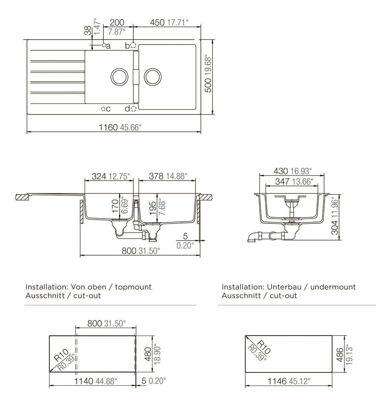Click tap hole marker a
pyautogui.click(x=104, y=45)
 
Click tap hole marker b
pyautogui.click(x=133, y=45)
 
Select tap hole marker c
pyautogui.click(x=103, y=109)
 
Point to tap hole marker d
pyautogui.click(x=133, y=108)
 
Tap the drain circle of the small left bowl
pyautogui.click(x=119, y=76)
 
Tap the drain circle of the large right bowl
pyautogui.click(x=153, y=76)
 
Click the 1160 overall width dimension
pyautogui.click(x=108, y=127)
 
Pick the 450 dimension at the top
pyautogui.click(x=157, y=22)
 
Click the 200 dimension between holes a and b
pyautogui.click(x=117, y=22)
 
